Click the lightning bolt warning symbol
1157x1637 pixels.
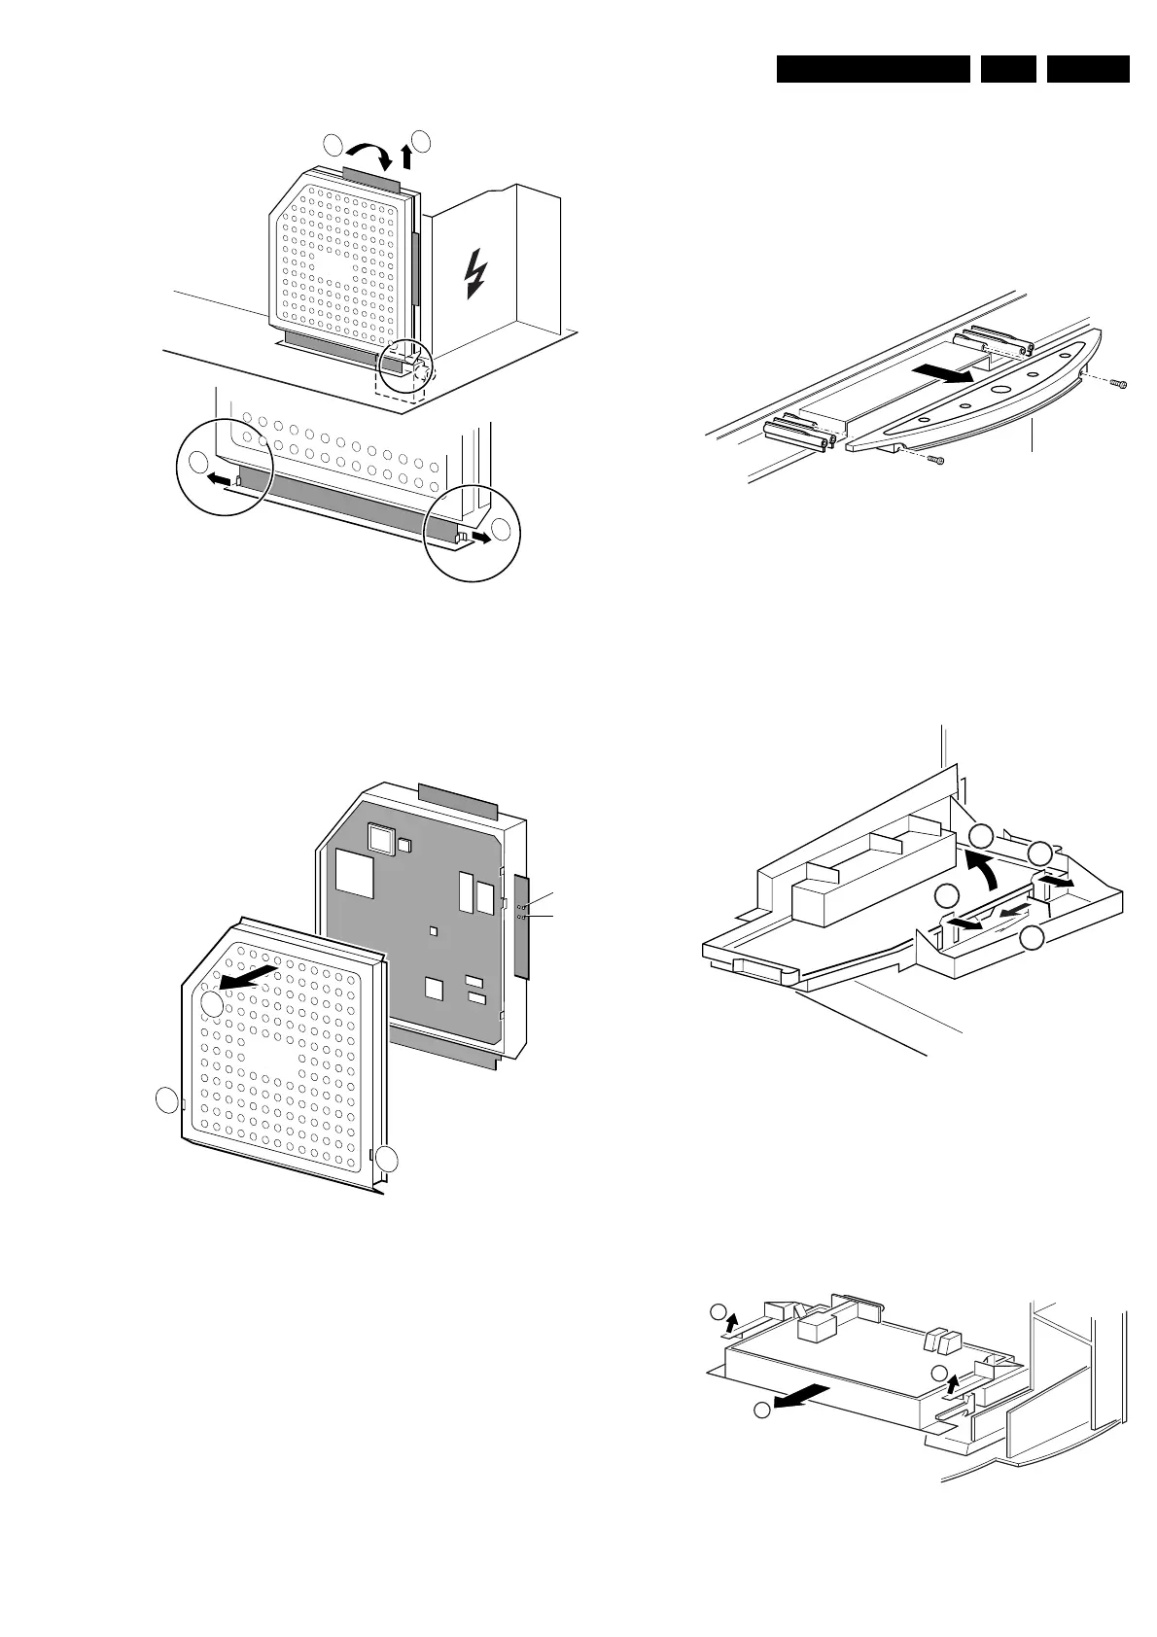tap(475, 273)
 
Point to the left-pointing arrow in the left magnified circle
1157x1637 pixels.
tap(223, 479)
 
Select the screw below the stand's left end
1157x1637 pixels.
tap(935, 459)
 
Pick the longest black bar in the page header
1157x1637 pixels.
tap(873, 69)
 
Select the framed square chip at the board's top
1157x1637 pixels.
tap(379, 839)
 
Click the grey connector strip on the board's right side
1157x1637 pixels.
tap(524, 924)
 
